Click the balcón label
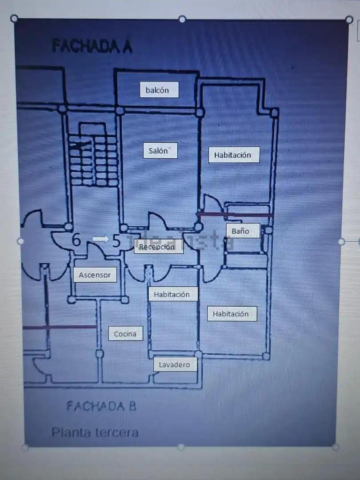tap(159, 90)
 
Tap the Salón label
tap(160, 151)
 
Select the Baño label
tap(243, 231)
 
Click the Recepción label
tap(159, 246)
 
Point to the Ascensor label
tap(95, 275)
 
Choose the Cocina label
tap(125, 334)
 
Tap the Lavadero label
tap(175, 364)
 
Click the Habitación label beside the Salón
tap(234, 155)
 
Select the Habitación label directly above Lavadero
tap(173, 294)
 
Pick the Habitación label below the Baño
tap(232, 314)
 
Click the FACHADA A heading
tap(92, 46)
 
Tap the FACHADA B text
tap(101, 406)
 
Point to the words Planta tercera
tap(95, 432)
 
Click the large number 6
tap(76, 240)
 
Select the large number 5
tap(116, 241)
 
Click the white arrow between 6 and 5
tap(101, 239)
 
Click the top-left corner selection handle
tap(14, 19)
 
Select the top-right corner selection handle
tap(349, 20)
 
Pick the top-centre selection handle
tap(182, 19)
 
